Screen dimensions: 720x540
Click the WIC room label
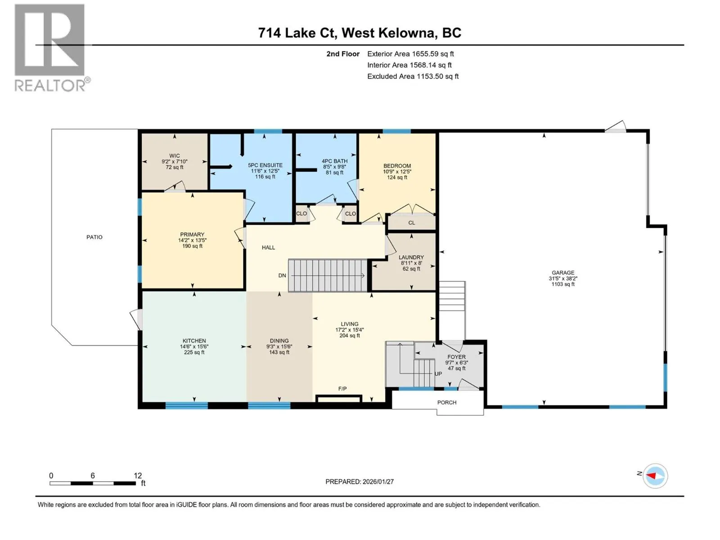[x=175, y=156]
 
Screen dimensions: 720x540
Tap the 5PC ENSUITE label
[x=265, y=165]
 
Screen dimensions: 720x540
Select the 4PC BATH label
[x=335, y=161]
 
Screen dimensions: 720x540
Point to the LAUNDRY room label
[x=411, y=257]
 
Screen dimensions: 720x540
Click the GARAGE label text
[x=563, y=272]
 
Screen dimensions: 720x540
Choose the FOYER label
[x=456, y=357]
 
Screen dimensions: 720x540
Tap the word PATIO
[x=94, y=237]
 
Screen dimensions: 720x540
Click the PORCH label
[x=447, y=402]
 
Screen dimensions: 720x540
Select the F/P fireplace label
[x=342, y=388]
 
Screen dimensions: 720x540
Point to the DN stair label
[x=282, y=275]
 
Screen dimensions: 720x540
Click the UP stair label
[x=438, y=374]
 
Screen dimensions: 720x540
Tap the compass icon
[x=655, y=476]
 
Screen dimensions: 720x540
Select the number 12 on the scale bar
[x=138, y=475]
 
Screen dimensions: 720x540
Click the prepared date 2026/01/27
[x=378, y=481]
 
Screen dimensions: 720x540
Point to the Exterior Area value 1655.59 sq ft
[x=433, y=54]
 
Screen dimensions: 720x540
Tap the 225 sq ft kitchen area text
[x=194, y=352]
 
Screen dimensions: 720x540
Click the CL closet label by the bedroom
[x=412, y=223]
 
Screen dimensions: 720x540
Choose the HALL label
[x=268, y=247]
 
